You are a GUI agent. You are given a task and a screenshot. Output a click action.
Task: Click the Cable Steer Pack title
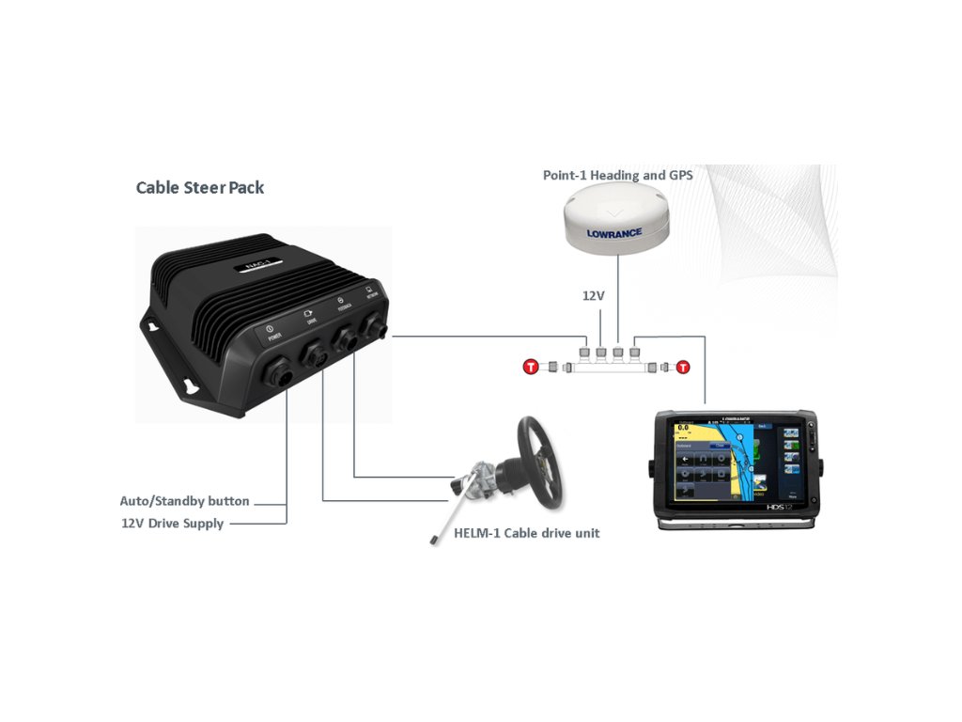click(x=200, y=187)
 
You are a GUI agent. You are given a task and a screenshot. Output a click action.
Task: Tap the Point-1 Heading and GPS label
click(x=617, y=175)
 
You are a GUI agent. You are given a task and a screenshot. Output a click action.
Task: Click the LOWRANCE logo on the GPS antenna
click(x=613, y=233)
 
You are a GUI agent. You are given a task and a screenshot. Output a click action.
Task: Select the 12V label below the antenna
click(x=593, y=295)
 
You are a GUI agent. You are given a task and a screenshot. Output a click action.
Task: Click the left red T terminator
click(x=531, y=367)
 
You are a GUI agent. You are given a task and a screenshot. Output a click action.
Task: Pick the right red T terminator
click(x=683, y=367)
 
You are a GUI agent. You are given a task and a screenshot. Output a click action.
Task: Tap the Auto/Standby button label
click(x=184, y=501)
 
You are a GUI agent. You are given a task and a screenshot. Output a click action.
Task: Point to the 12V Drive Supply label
click(x=172, y=523)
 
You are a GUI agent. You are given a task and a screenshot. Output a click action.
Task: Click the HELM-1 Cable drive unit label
click(x=526, y=533)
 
